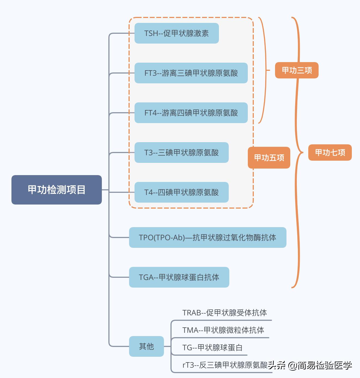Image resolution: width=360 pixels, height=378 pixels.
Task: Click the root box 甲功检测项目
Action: (57, 190)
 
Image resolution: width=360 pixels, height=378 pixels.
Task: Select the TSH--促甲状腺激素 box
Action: (176, 33)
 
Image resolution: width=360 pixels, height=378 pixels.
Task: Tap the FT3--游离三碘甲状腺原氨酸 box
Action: (191, 73)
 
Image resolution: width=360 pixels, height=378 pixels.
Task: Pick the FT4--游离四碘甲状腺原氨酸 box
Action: (191, 113)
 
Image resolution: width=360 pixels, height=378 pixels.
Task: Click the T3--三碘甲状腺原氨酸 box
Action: (181, 153)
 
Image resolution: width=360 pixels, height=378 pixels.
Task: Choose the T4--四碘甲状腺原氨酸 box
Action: (181, 192)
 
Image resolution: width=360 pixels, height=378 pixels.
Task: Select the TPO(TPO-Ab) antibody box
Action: (208, 237)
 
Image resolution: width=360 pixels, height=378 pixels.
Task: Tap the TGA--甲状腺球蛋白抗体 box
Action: (179, 277)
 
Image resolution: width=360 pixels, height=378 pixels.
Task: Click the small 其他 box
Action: (147, 346)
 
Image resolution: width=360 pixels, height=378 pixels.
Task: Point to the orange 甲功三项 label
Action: (297, 70)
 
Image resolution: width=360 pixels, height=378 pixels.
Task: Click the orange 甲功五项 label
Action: (269, 158)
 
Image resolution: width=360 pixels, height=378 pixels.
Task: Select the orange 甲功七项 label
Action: (330, 153)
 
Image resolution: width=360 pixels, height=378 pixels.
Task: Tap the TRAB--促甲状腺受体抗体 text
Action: (224, 313)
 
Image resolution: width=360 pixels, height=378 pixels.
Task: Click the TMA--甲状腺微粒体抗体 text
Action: (223, 330)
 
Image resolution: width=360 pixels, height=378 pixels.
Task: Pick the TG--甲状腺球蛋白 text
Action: (212, 347)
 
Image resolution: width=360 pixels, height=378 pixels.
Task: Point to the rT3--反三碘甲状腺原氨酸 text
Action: (225, 365)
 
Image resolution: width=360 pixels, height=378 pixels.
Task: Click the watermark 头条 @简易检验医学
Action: (310, 365)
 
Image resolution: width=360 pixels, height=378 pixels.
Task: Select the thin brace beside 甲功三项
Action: (264, 70)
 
